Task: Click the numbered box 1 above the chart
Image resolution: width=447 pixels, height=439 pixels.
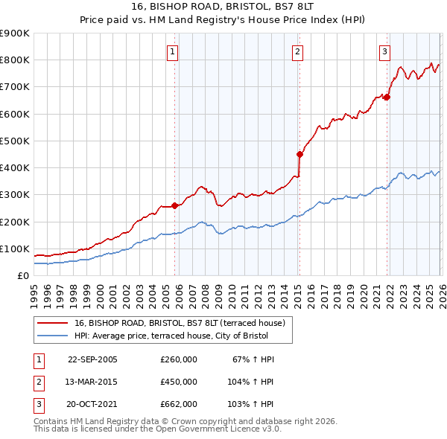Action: point(172,51)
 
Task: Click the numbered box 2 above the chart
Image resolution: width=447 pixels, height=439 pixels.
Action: point(297,51)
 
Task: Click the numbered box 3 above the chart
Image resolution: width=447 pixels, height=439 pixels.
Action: point(384,51)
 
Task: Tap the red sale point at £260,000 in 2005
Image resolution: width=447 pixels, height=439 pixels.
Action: point(175,205)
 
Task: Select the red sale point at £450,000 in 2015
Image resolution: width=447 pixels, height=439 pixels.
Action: point(299,155)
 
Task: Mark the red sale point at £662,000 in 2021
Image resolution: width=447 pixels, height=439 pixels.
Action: point(387,97)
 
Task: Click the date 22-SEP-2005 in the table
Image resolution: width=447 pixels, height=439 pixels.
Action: point(92,359)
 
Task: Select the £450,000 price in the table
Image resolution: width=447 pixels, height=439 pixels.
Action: point(179,382)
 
